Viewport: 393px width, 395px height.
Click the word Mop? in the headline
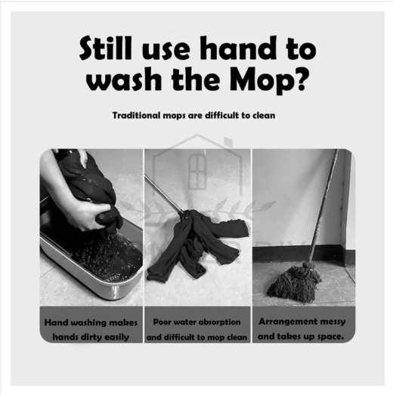(x=269, y=79)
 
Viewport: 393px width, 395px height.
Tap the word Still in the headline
(x=106, y=48)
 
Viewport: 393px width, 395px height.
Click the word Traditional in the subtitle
(x=136, y=115)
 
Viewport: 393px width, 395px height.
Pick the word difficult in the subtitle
(x=221, y=115)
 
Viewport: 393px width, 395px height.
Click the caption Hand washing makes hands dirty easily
(x=91, y=329)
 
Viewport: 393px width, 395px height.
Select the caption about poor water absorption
(x=196, y=329)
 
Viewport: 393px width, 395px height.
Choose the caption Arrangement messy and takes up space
(x=302, y=329)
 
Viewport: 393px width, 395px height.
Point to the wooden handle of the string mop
(x=323, y=206)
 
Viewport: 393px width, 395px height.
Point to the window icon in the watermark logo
(x=197, y=172)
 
